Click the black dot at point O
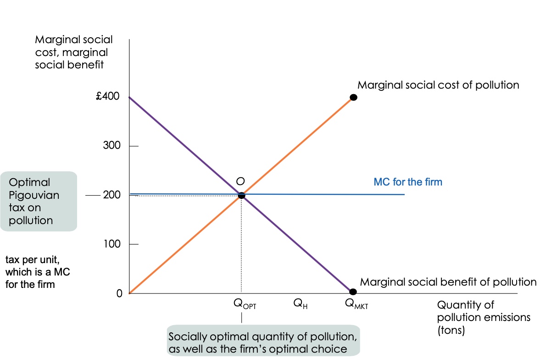click(x=241, y=195)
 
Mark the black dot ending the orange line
click(x=353, y=97)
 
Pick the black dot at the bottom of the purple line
click(x=352, y=292)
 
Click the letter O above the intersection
click(x=240, y=181)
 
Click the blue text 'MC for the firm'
click(x=408, y=182)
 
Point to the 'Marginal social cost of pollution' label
click(x=438, y=85)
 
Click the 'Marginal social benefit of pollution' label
click(x=448, y=281)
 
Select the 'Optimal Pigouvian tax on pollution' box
click(x=38, y=201)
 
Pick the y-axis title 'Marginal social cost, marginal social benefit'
click(x=73, y=52)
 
